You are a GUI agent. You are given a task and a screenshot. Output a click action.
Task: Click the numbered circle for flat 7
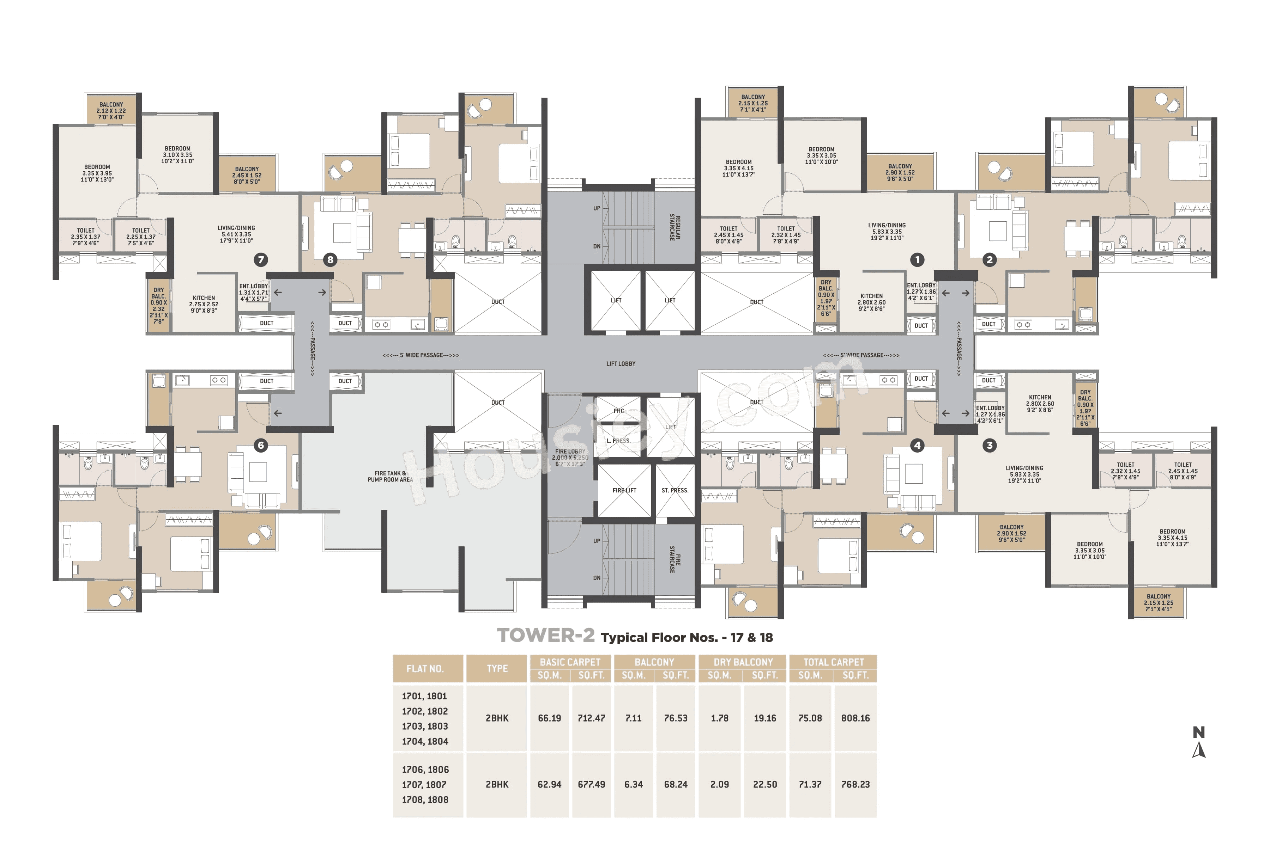[x=261, y=259]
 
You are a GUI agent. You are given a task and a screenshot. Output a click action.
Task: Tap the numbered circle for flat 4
[x=917, y=445]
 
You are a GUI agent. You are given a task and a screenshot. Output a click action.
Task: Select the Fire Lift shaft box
[x=624, y=490]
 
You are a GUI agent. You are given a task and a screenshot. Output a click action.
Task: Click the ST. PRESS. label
[x=675, y=490]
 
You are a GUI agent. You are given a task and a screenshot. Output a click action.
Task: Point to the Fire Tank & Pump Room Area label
[x=390, y=477]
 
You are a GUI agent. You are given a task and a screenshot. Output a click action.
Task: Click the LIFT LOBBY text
[x=621, y=364]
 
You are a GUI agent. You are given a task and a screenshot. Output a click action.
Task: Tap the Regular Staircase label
[x=675, y=227]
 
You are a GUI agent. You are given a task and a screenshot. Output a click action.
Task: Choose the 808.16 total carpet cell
[x=855, y=718]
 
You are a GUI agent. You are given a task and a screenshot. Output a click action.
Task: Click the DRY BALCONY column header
[x=743, y=662]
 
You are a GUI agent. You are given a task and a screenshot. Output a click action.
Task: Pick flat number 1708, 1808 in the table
[x=425, y=799]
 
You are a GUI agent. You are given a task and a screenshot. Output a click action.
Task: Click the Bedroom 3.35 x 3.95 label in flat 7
[x=97, y=173]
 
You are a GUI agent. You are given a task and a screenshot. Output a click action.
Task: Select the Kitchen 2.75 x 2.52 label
[x=204, y=304]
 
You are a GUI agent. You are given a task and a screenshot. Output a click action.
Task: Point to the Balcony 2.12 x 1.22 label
[x=111, y=111]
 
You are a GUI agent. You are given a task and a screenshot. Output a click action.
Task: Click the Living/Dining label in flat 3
[x=1024, y=474]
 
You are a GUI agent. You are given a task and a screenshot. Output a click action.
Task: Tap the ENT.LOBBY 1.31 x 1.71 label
[x=253, y=293]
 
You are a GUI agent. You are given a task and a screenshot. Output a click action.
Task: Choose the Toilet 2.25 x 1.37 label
[x=141, y=236]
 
